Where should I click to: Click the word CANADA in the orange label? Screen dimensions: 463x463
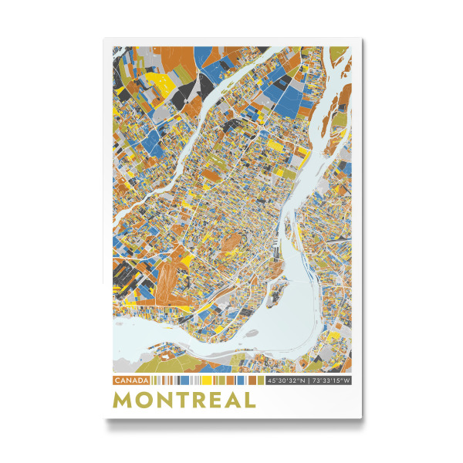(x=131, y=380)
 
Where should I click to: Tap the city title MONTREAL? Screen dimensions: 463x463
(x=184, y=400)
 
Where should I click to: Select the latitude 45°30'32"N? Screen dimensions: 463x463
(x=286, y=380)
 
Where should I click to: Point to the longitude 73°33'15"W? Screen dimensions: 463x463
(x=330, y=380)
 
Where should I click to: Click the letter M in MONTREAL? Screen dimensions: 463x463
(x=123, y=400)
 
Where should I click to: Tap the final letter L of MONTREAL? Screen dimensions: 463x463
(x=249, y=400)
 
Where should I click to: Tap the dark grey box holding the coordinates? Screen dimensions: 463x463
(x=308, y=380)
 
